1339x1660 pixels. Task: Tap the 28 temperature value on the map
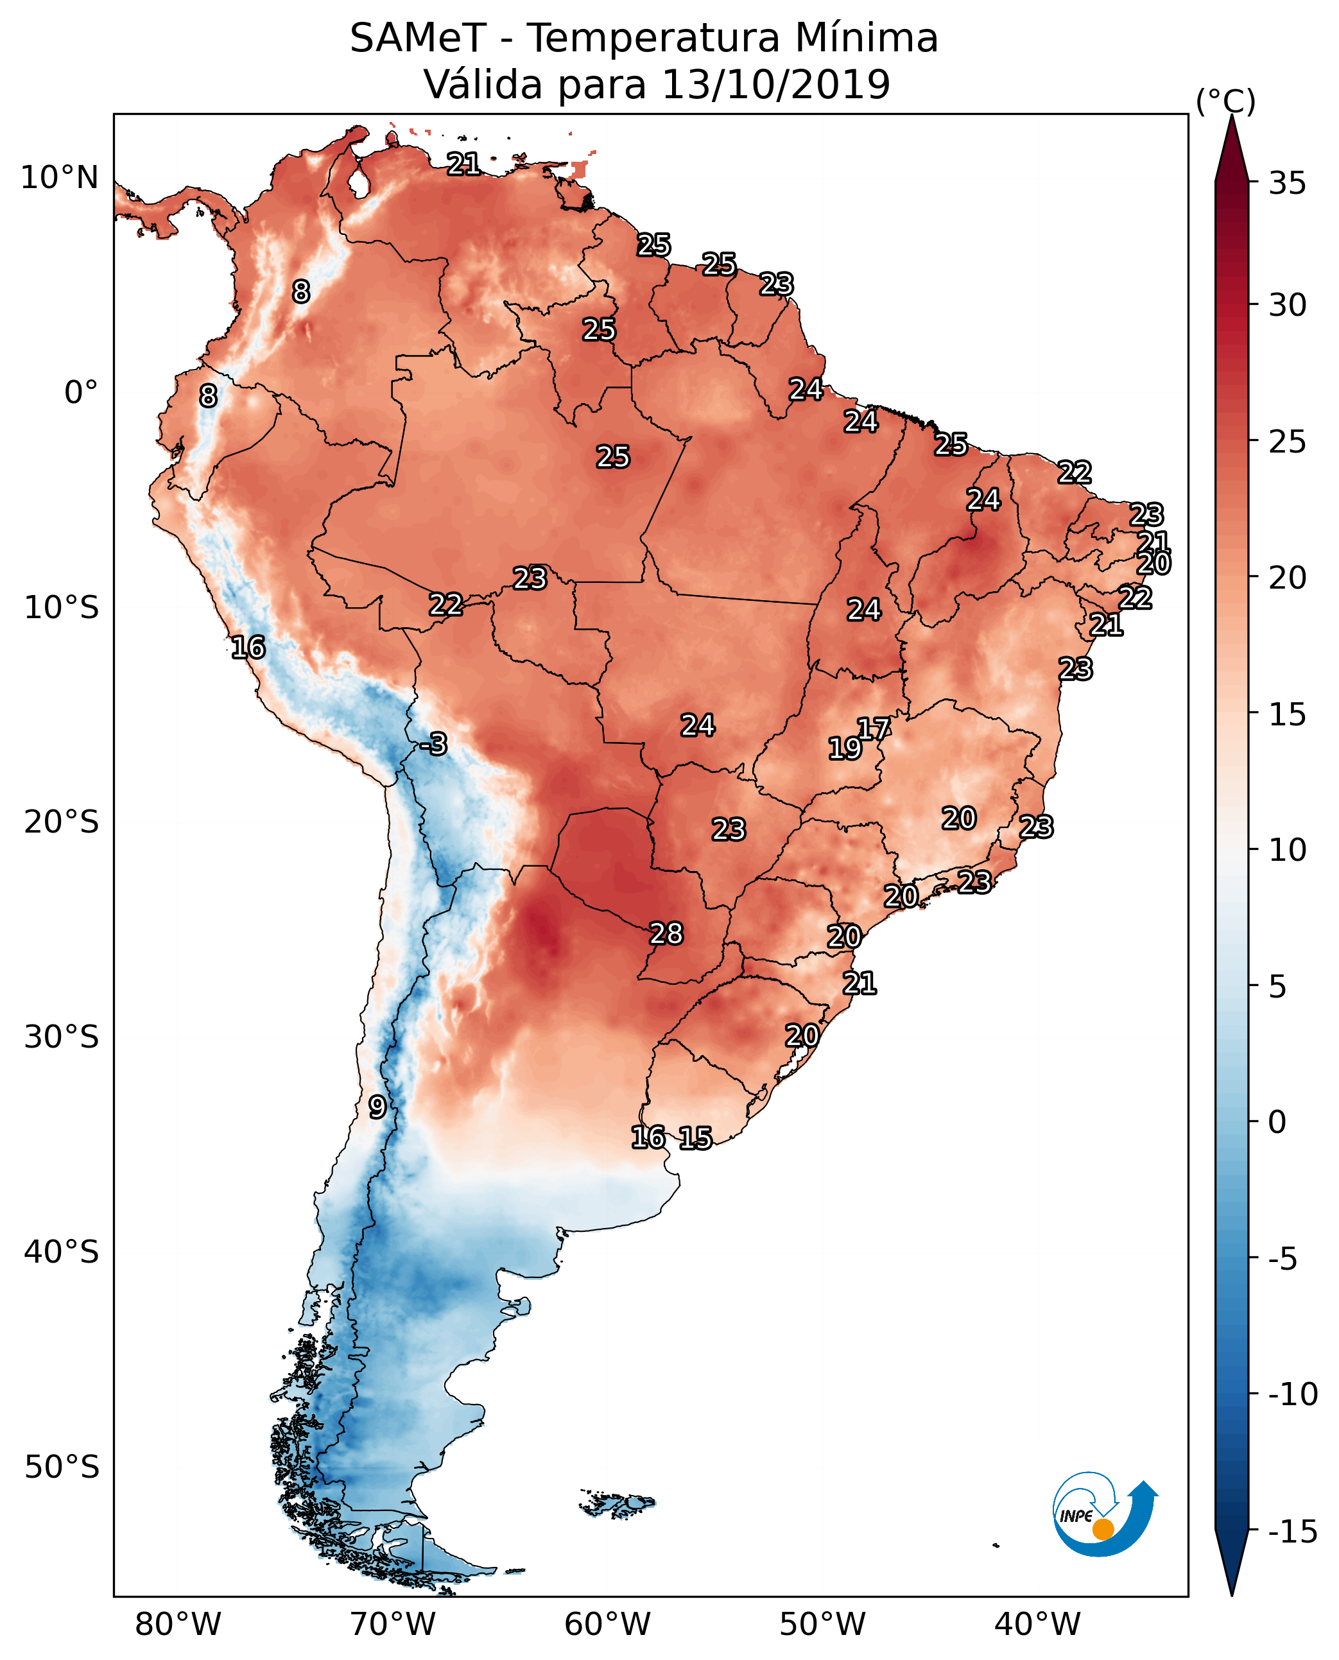pos(666,933)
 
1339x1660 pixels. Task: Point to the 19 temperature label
pos(845,748)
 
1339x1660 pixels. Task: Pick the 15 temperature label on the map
pos(695,1137)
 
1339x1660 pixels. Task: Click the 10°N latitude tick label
pos(60,178)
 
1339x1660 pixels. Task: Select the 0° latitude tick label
pos(82,393)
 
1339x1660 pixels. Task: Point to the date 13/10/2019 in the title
pos(776,85)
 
